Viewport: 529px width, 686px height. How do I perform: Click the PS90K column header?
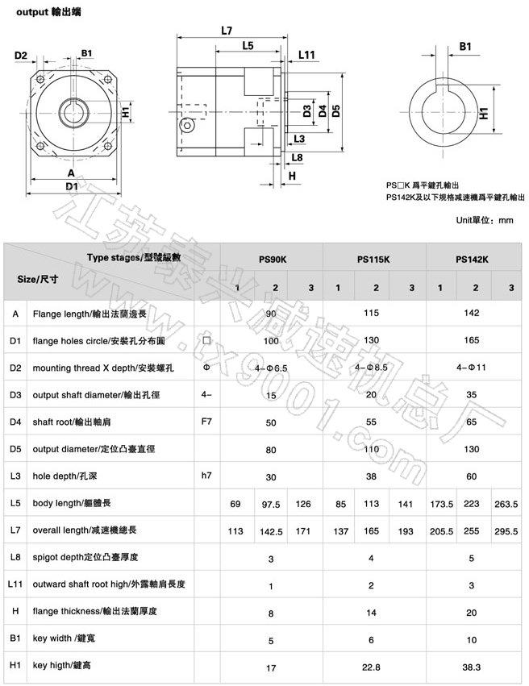272,260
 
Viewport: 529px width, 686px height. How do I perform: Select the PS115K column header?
373,260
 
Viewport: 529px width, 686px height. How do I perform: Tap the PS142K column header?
473,260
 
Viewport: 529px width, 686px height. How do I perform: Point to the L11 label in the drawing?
306,56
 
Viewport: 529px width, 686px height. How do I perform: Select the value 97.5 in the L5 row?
272,504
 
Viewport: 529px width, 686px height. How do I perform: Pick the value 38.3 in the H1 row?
472,667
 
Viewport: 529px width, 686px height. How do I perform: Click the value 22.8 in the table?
372,667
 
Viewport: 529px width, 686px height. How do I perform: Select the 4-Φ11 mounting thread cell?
472,368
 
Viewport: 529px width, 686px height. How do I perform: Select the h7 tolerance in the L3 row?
206,475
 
